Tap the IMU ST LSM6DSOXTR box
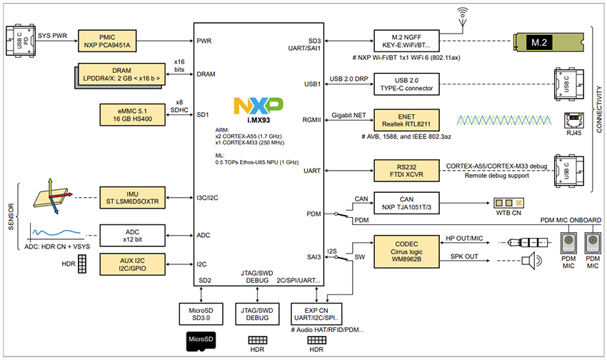tap(134, 196)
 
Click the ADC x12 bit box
tap(134, 234)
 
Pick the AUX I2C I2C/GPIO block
tap(134, 264)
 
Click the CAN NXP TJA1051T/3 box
tap(406, 202)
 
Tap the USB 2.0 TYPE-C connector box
tap(406, 83)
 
